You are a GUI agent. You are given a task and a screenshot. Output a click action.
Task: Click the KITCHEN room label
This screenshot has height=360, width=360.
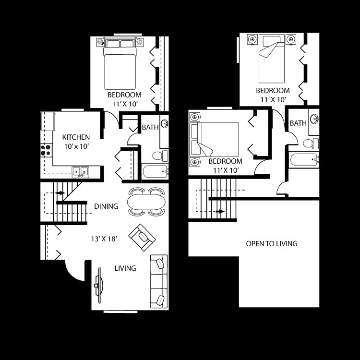[x=76, y=137]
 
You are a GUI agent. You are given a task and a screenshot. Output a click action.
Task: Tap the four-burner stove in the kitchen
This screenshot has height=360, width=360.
[x=46, y=150]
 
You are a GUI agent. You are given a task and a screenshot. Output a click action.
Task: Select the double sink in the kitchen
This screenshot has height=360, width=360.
[x=80, y=171]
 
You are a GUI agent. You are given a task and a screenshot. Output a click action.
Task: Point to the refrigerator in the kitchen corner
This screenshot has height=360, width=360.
[x=48, y=120]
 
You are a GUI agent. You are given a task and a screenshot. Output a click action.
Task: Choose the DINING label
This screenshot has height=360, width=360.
[x=106, y=206]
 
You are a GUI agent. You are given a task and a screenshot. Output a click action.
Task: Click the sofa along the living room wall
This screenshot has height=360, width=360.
[x=159, y=281]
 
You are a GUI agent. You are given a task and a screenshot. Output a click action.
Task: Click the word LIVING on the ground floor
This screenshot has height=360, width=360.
[x=125, y=268]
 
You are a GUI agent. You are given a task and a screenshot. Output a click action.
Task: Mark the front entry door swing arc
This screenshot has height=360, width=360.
[x=74, y=271]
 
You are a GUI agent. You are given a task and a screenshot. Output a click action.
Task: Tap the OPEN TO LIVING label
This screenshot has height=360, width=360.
[x=272, y=244]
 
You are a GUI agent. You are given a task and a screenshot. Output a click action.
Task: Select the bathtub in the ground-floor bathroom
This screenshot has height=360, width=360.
[x=155, y=171]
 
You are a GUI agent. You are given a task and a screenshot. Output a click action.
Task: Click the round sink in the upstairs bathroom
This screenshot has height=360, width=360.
[x=315, y=119]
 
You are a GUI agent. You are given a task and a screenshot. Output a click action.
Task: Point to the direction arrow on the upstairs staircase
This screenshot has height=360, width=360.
[x=220, y=211]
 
